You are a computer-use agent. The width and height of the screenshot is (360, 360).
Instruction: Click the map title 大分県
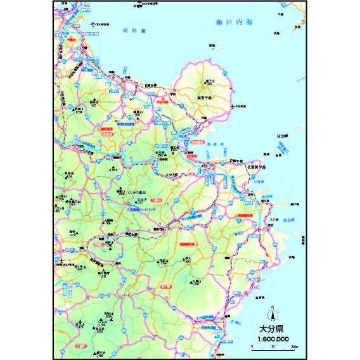[273, 329]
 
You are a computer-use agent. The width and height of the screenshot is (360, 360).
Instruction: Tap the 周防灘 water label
[135, 30]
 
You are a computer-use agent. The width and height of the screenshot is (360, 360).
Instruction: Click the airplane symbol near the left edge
[60, 259]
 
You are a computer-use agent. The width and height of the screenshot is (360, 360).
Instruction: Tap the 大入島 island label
[273, 219]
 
